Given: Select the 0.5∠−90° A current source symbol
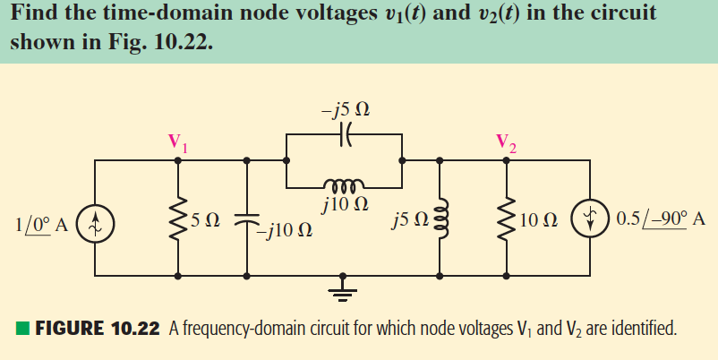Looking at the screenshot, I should (x=590, y=219).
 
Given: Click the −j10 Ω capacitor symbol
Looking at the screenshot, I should (x=247, y=218).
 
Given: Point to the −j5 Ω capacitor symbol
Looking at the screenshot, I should (x=345, y=134).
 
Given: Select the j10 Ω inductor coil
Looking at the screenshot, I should (x=345, y=185).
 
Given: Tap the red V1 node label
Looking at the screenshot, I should (x=179, y=141).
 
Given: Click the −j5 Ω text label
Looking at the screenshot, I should (x=345, y=111).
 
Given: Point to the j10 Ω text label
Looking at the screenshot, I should (x=345, y=205).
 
